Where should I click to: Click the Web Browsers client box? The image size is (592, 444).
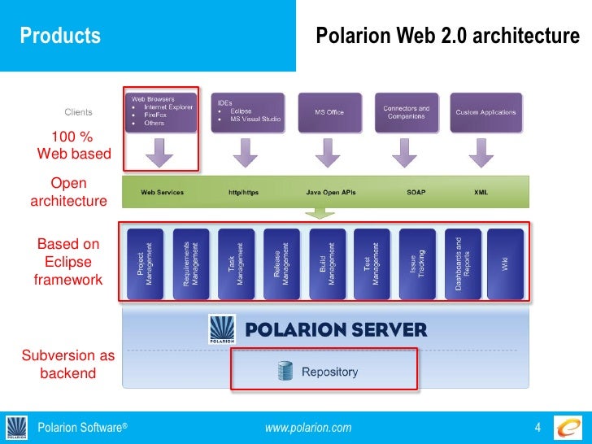click(x=161, y=112)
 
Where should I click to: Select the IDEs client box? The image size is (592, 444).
click(x=245, y=112)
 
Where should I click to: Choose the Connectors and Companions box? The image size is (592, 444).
click(x=407, y=112)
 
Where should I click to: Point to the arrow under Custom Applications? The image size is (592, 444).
click(x=485, y=151)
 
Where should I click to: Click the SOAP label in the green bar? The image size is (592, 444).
click(x=416, y=193)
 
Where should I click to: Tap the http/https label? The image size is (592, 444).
click(x=245, y=193)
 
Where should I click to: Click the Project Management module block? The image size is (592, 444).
click(x=145, y=263)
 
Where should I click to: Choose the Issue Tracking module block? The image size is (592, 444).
click(x=416, y=263)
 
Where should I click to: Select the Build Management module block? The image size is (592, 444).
click(x=326, y=263)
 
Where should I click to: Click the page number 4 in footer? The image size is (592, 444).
click(x=538, y=428)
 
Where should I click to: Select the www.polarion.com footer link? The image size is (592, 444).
click(x=308, y=428)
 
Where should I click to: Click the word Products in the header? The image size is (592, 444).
click(x=60, y=36)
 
